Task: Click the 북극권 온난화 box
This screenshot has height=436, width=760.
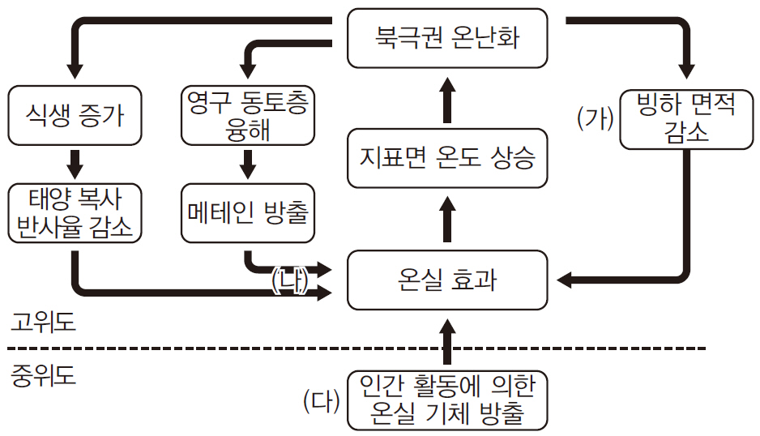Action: pos(446,37)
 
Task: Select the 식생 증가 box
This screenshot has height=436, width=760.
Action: pos(75,116)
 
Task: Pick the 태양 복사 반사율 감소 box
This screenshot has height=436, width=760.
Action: pos(75,213)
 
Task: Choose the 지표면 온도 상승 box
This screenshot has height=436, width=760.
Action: pos(446,157)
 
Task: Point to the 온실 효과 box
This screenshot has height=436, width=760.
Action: pos(446,280)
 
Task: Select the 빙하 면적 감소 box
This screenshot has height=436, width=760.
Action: pos(685,118)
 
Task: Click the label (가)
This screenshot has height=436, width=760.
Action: pos(596,118)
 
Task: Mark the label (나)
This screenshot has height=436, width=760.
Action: pos(289,280)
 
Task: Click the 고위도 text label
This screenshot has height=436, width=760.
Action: pos(44,323)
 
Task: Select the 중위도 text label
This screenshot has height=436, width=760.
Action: pos(44,376)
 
